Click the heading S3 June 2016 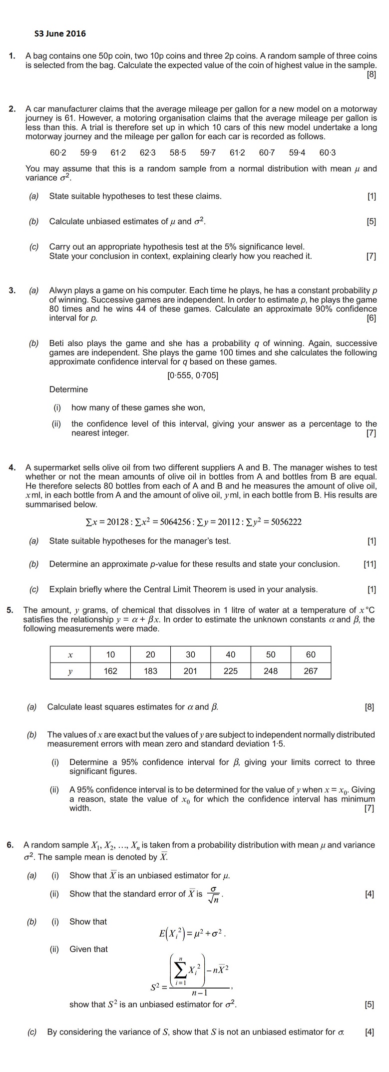pyautogui.click(x=60, y=33)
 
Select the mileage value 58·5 pyautogui.click(x=177, y=152)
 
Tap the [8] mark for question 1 pyautogui.click(x=371, y=74)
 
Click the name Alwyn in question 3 pyautogui.click(x=60, y=290)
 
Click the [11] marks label pyautogui.click(x=370, y=564)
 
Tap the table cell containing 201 pyautogui.click(x=190, y=671)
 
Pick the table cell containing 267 pyautogui.click(x=311, y=671)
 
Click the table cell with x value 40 pyautogui.click(x=230, y=654)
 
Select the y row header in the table pyautogui.click(x=70, y=671)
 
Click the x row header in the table pyautogui.click(x=70, y=654)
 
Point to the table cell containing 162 pyautogui.click(x=110, y=671)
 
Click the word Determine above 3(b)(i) pyautogui.click(x=68, y=389)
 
